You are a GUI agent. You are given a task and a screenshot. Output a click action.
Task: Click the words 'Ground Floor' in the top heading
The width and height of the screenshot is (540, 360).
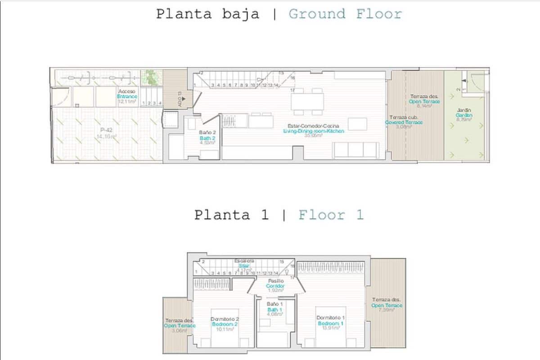pyautogui.click(x=345, y=14)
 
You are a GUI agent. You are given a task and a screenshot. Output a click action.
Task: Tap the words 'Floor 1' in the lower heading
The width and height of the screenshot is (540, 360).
pyautogui.click(x=331, y=215)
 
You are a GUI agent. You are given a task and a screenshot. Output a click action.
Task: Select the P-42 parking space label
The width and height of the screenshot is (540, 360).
pyautogui.click(x=106, y=130)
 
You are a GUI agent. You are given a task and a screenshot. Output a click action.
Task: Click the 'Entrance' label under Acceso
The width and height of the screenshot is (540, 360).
pyautogui.click(x=127, y=97)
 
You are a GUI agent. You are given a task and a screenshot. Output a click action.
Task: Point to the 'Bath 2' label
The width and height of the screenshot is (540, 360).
pyautogui.click(x=207, y=138)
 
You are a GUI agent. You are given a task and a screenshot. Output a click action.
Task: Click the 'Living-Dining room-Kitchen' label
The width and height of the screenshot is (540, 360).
pyautogui.click(x=314, y=131)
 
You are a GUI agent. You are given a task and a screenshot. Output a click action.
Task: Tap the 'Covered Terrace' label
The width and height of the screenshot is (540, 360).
pyautogui.click(x=404, y=122)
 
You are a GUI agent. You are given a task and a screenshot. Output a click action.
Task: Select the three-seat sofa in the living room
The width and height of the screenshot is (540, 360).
pyautogui.click(x=356, y=150)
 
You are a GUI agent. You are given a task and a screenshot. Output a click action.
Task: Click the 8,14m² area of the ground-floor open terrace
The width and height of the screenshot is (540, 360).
pyautogui.click(x=424, y=107)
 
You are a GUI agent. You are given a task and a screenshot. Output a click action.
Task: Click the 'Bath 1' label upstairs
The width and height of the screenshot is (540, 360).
pyautogui.click(x=274, y=310)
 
